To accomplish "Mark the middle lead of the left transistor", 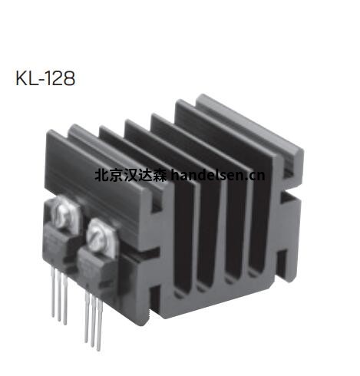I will pos(58,302).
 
